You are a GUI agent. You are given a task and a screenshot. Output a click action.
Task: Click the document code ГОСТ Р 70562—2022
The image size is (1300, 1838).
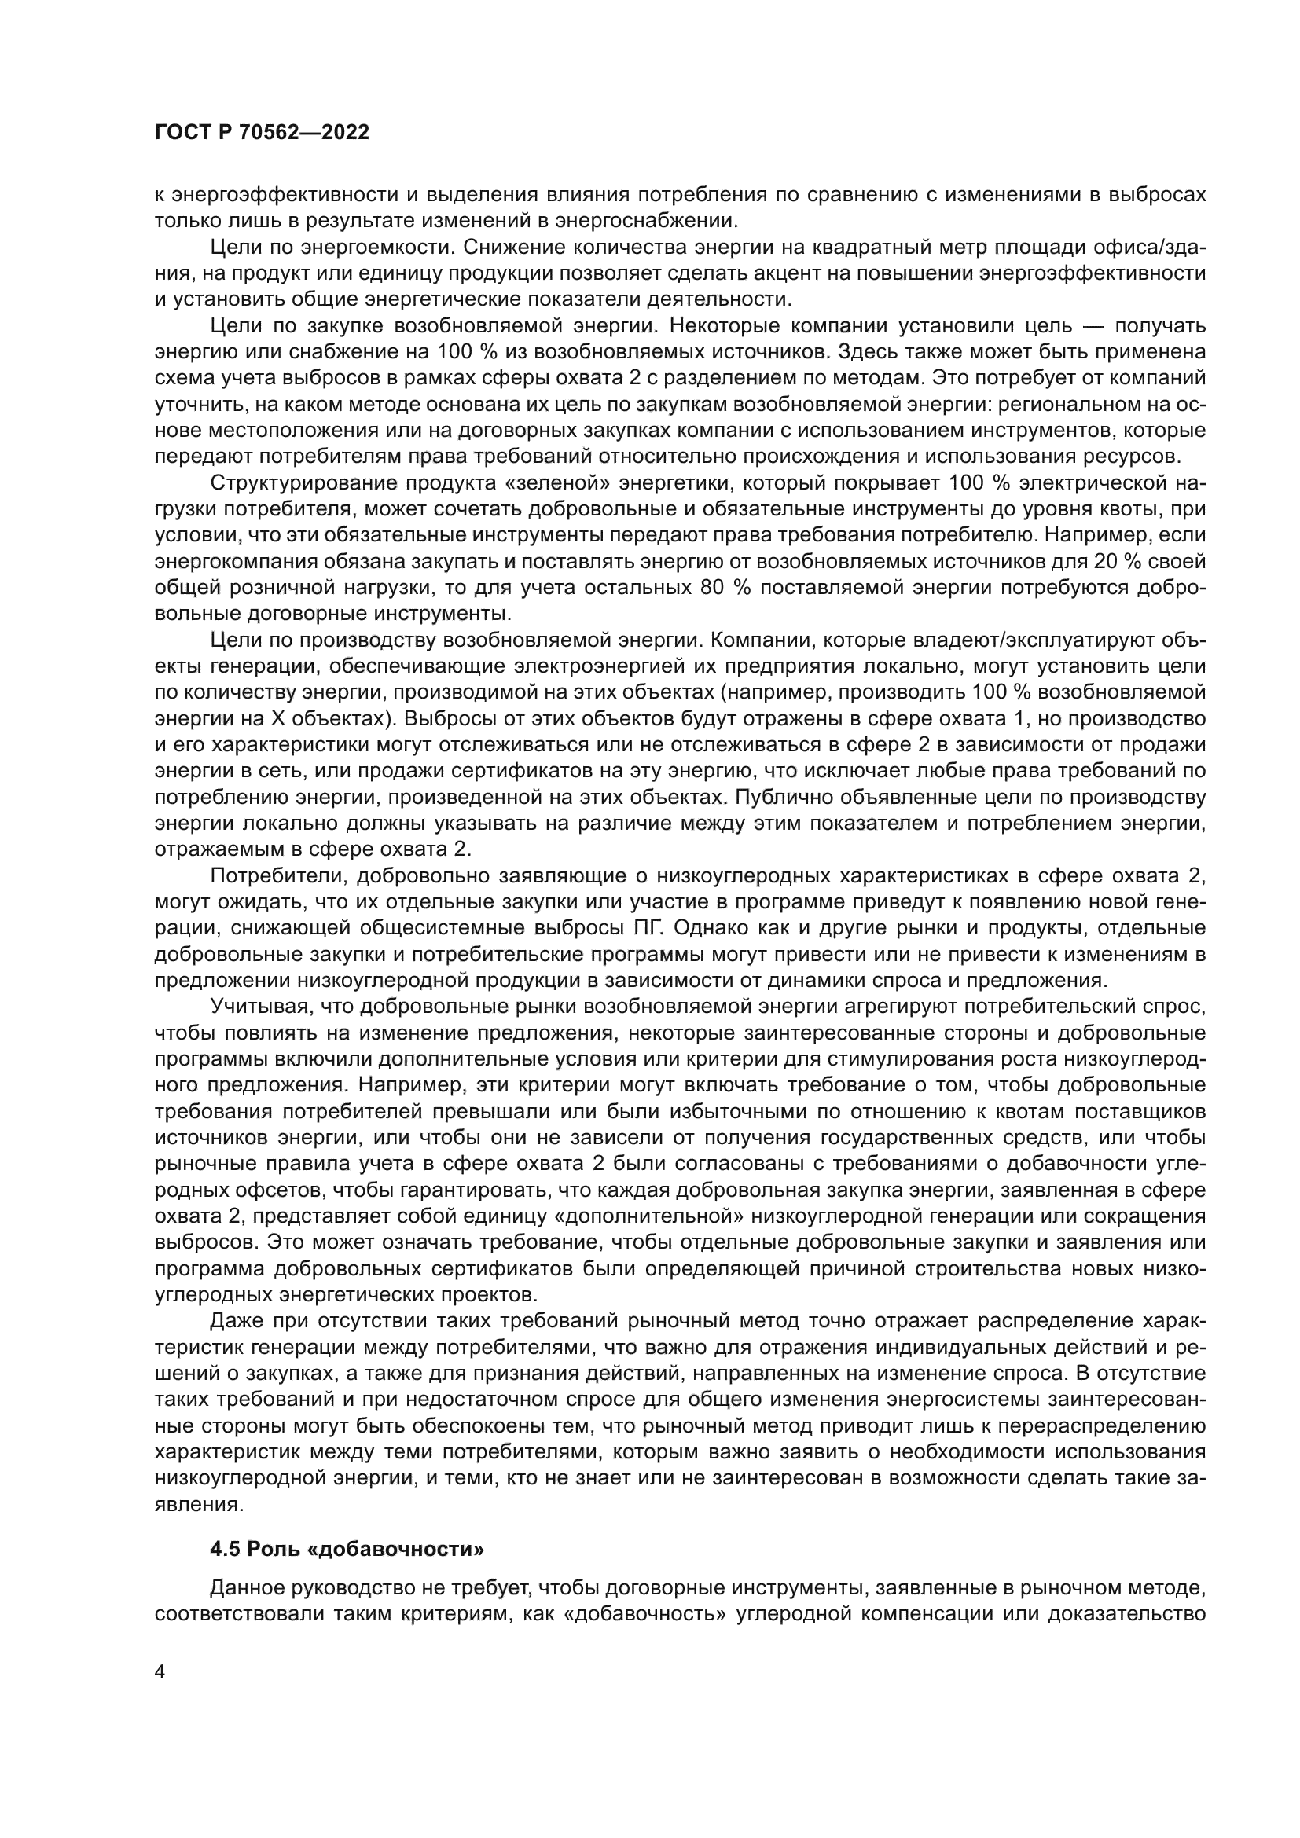click(262, 133)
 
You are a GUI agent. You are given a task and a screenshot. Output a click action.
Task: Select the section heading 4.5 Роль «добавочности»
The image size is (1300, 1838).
click(347, 1549)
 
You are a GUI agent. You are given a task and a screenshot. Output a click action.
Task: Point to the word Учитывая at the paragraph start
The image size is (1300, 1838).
click(255, 1007)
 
